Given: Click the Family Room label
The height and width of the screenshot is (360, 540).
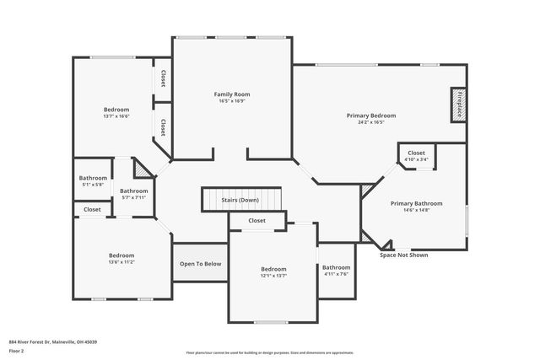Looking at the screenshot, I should coord(231,94).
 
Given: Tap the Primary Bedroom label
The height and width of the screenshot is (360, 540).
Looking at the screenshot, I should coord(370,116).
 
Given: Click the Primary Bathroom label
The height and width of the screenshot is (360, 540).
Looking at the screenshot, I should coord(416,203).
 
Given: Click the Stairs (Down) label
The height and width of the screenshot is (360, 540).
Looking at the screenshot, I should coord(240,201).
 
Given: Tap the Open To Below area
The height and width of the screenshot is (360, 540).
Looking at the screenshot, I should coord(201,264).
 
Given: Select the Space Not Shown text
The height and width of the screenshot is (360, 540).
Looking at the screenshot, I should coord(403,255).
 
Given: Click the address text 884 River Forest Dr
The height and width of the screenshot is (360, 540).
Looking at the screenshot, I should coord(52,341).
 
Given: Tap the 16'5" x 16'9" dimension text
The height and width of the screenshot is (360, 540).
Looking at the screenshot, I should coord(231,101).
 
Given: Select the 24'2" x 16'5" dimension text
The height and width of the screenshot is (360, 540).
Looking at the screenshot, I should coord(370,122).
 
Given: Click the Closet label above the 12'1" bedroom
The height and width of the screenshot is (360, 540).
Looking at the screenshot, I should coord(256,220).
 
